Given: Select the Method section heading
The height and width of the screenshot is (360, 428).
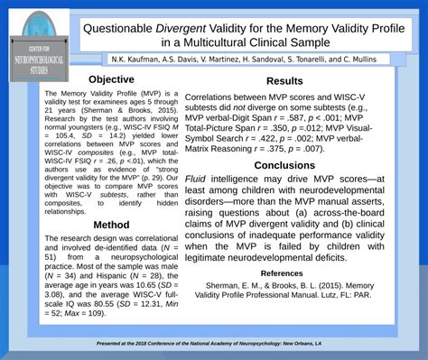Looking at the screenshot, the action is click(x=111, y=225).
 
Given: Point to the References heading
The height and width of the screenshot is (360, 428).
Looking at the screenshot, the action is click(x=282, y=272).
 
